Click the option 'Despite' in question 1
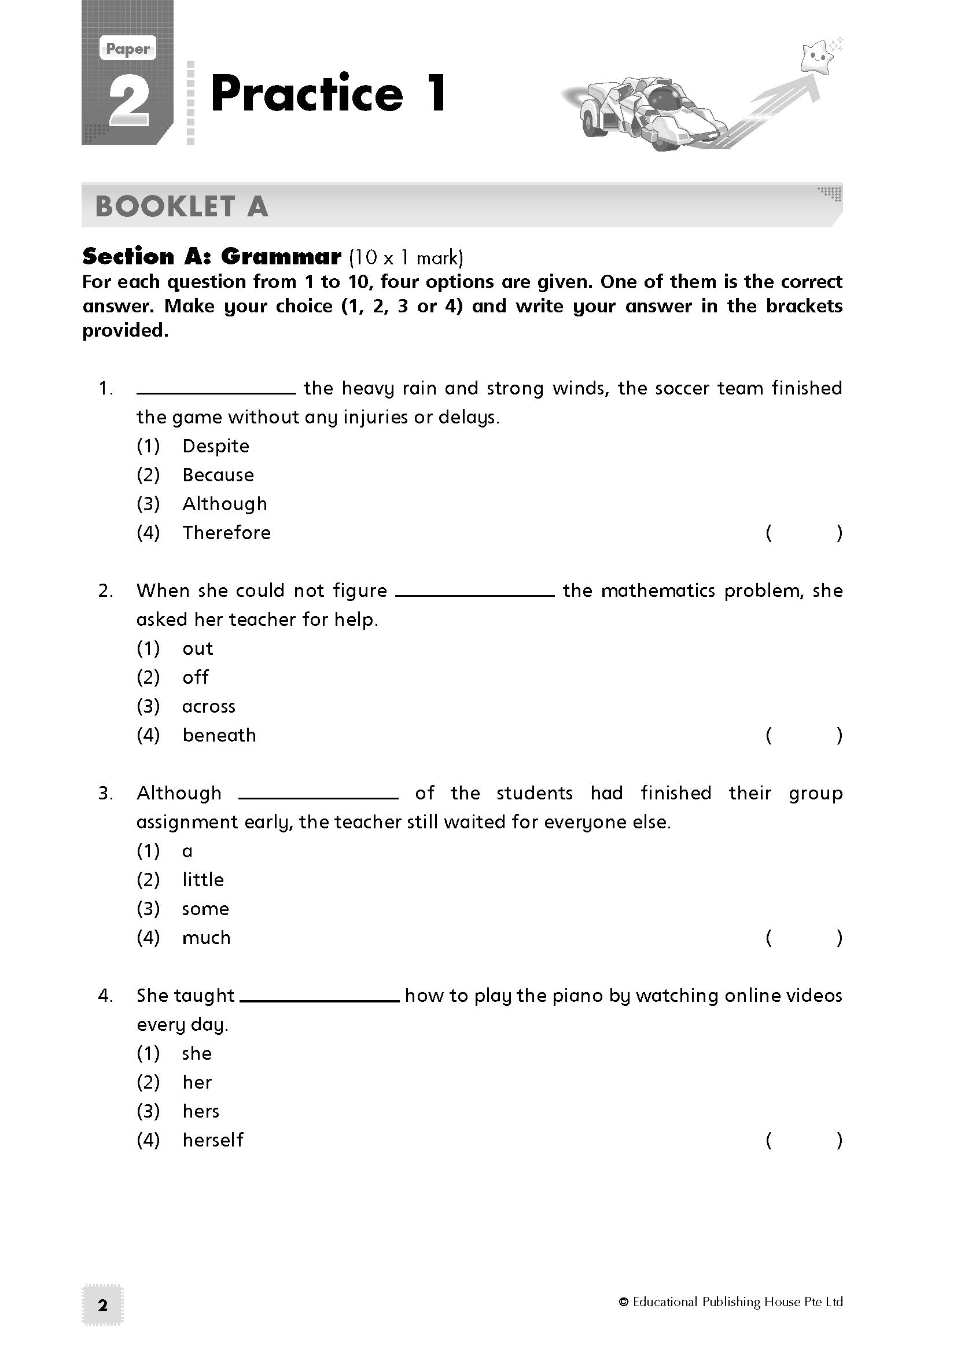click(x=215, y=446)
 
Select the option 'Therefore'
click(x=226, y=533)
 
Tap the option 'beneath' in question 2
click(x=219, y=735)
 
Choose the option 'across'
click(x=209, y=706)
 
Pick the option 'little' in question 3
click(x=203, y=880)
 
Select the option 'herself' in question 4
click(x=212, y=1140)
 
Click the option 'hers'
click(x=200, y=1111)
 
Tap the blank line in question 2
click(x=474, y=595)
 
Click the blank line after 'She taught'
click(x=320, y=1000)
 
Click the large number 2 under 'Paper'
click(x=129, y=102)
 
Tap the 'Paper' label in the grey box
click(x=128, y=50)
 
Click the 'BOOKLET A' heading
click(x=182, y=207)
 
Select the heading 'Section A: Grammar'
click(x=212, y=257)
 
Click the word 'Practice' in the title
click(x=307, y=94)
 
